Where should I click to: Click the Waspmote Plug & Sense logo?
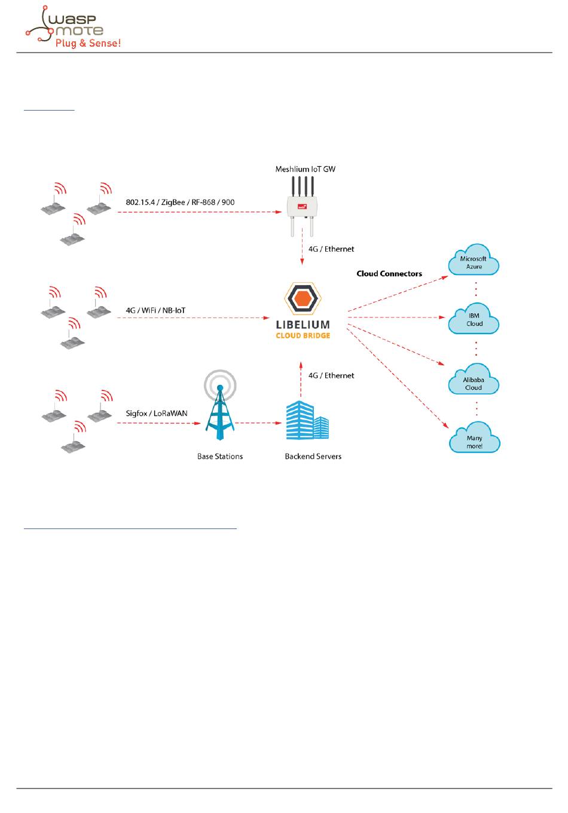click(x=73, y=27)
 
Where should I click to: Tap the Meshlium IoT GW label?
click(x=305, y=169)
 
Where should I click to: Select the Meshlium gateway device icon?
click(x=302, y=206)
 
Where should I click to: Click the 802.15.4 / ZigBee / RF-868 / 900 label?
click(x=180, y=202)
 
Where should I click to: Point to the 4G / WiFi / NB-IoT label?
click(x=155, y=310)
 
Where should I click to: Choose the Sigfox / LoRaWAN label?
click(x=157, y=413)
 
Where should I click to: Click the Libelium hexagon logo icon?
click(x=303, y=298)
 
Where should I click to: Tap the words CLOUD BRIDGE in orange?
click(x=303, y=336)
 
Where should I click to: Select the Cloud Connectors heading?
click(x=389, y=274)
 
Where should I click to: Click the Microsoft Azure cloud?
click(x=474, y=261)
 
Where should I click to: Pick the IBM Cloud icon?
click(x=474, y=319)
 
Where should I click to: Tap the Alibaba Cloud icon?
click(x=474, y=381)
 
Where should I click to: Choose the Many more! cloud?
click(x=474, y=439)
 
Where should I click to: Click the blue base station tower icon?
click(x=220, y=406)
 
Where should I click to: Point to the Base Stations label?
click(x=220, y=456)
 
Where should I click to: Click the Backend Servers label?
click(x=313, y=456)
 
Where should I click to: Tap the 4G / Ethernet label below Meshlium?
click(x=331, y=249)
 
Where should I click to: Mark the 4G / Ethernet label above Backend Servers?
click(x=331, y=375)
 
